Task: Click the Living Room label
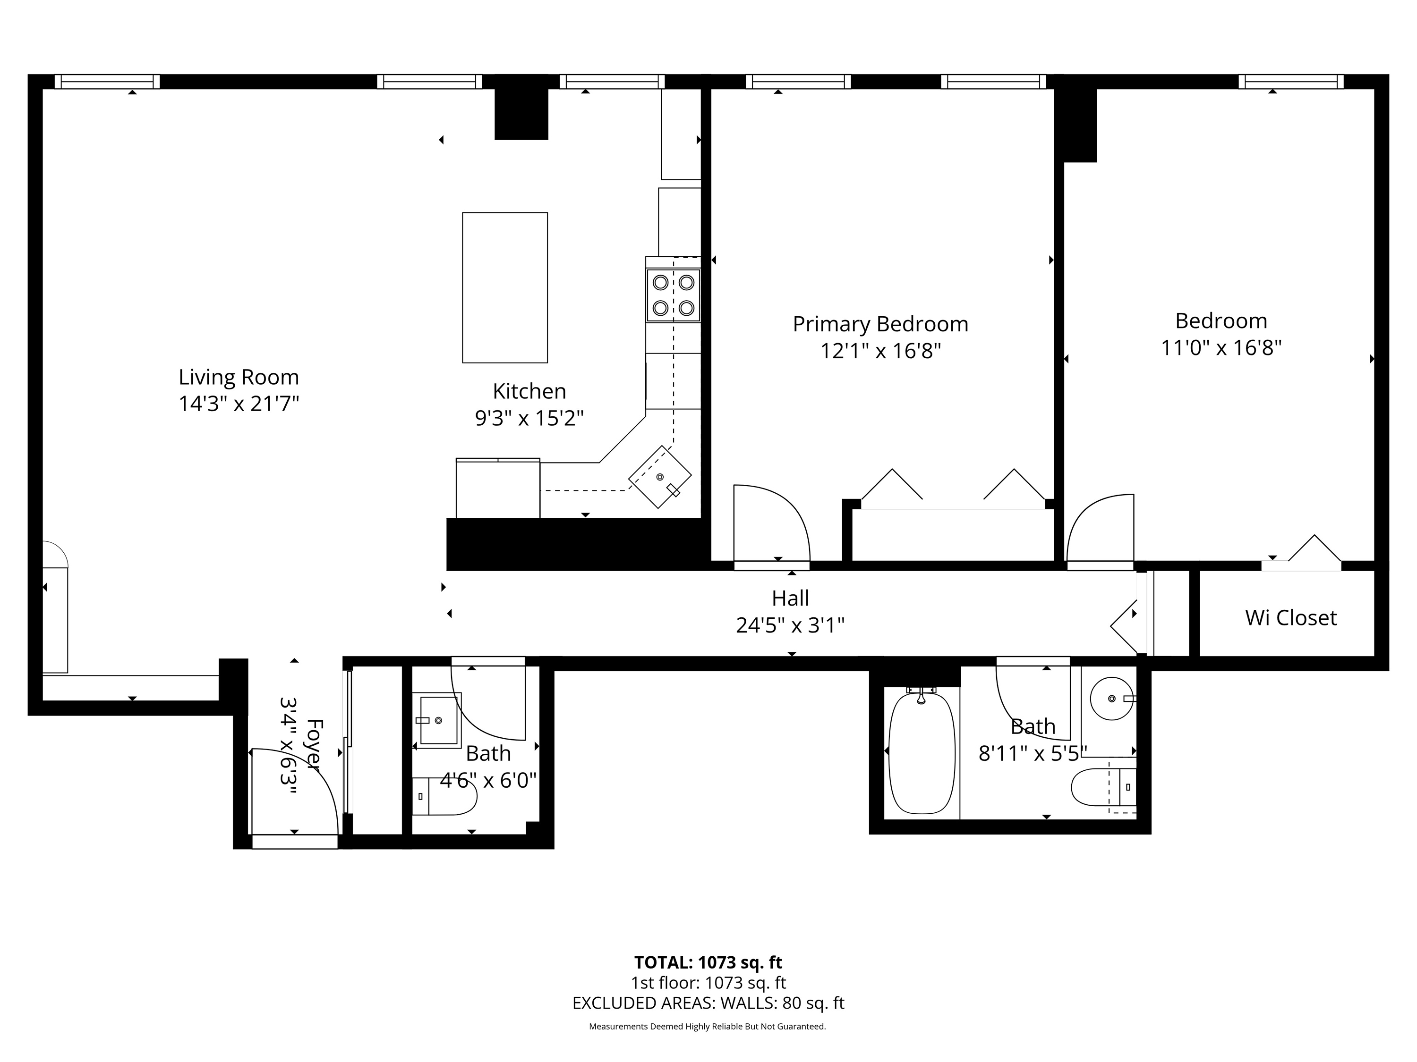coord(239,377)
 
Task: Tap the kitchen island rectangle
coord(505,287)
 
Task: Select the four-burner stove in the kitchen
coord(673,295)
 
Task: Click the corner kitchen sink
coord(660,477)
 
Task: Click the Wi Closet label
coord(1291,618)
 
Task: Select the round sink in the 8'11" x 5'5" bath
coord(1112,699)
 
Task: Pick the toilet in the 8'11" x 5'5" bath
coord(1103,787)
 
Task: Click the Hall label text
coord(791,598)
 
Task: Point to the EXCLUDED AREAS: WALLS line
coord(708,1003)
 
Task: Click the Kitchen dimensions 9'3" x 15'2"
coord(529,418)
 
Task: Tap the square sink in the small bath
coord(439,720)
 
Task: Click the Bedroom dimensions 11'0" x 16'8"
coord(1221,347)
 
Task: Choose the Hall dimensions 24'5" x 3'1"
coord(791,625)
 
